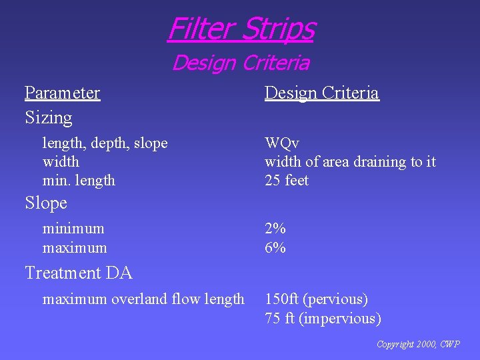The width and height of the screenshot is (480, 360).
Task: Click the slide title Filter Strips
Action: [241, 29]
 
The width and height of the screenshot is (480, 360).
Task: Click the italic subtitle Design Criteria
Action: [241, 63]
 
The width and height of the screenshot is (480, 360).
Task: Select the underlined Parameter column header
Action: [62, 93]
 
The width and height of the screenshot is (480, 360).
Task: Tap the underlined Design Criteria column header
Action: [321, 93]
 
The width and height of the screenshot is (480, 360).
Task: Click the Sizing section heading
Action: [48, 117]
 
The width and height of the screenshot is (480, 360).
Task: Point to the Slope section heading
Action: [46, 203]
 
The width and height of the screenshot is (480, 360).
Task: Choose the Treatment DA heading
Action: [78, 273]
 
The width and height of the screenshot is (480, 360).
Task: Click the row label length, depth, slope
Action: [105, 143]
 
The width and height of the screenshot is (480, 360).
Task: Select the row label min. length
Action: [79, 180]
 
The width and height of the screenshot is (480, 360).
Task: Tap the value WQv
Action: [282, 143]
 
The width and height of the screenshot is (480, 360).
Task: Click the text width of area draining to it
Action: [350, 162]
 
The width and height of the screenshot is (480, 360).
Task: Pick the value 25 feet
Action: [287, 180]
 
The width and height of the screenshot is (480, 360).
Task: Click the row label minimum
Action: [73, 229]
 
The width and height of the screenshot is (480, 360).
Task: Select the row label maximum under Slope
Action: [74, 248]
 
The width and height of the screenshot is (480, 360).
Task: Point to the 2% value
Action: [275, 229]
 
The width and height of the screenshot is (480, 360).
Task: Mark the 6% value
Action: [275, 248]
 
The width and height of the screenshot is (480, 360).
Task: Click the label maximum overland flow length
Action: [143, 299]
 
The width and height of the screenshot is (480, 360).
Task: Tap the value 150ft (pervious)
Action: [316, 299]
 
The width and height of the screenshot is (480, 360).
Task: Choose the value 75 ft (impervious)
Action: [323, 319]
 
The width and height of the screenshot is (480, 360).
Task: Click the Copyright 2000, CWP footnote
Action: [417, 345]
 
